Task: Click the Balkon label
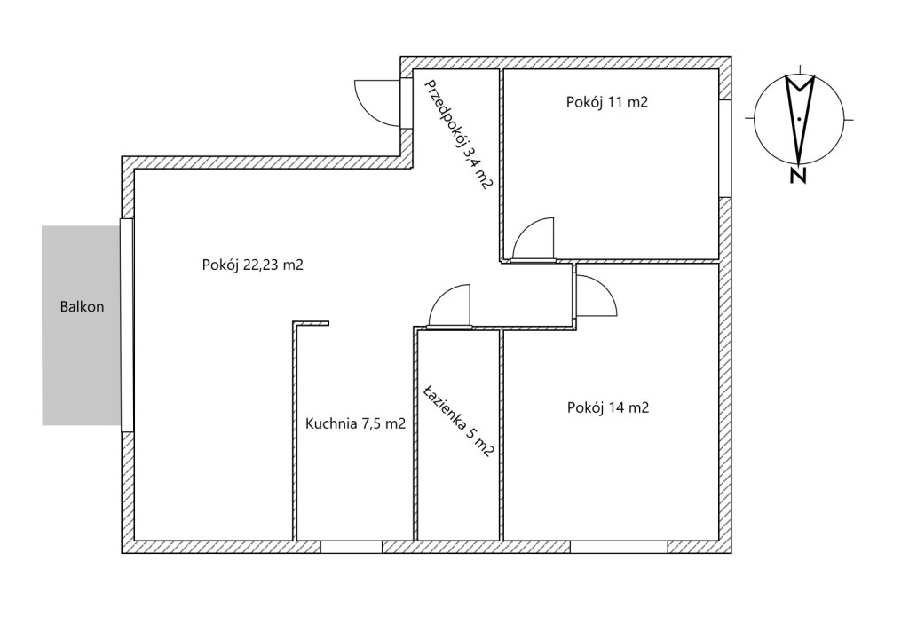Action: point(82,306)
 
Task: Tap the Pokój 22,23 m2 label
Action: point(253,265)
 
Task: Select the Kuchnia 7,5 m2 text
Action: point(355,424)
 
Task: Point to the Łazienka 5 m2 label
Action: point(459,421)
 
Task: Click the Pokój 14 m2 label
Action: point(608,407)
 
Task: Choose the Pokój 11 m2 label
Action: point(607,102)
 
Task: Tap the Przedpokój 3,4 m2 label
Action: point(459,135)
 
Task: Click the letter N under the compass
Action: point(799,176)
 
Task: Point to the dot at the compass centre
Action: point(800,118)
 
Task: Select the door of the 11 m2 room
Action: point(533,238)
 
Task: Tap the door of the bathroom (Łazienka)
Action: point(448,305)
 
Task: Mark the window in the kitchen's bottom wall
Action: point(352,546)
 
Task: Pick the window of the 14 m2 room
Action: point(619,546)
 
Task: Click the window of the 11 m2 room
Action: point(725,148)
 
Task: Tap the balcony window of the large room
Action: point(127,325)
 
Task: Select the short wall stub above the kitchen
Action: point(311,324)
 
